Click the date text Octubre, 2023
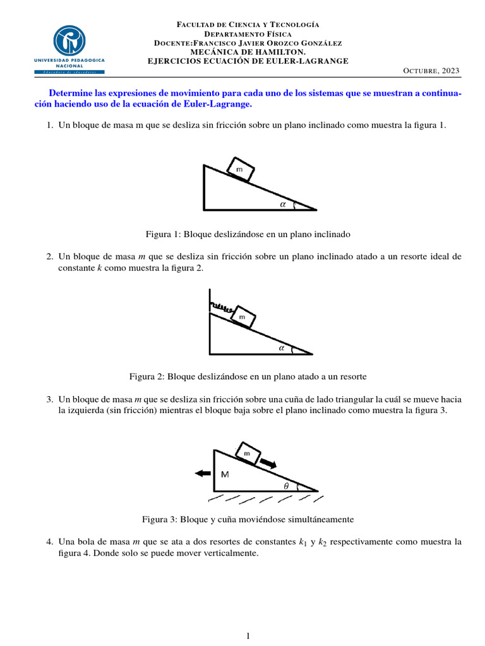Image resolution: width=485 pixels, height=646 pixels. coord(431,70)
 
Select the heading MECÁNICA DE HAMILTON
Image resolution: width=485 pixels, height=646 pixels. coord(248,52)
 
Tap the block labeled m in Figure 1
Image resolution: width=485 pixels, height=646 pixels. coord(239,170)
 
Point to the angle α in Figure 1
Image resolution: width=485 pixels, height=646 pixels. coord(283,204)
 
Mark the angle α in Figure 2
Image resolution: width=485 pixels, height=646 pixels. coord(282,347)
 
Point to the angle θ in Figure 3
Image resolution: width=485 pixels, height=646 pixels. coord(285,486)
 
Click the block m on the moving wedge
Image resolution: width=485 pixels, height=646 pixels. coord(247,453)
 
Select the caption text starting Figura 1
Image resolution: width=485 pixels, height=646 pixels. coord(248,234)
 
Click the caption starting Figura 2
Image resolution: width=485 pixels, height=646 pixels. coord(248,376)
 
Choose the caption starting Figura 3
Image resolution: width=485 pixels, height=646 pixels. coord(248,519)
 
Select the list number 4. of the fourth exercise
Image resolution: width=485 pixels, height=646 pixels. coord(50,542)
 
